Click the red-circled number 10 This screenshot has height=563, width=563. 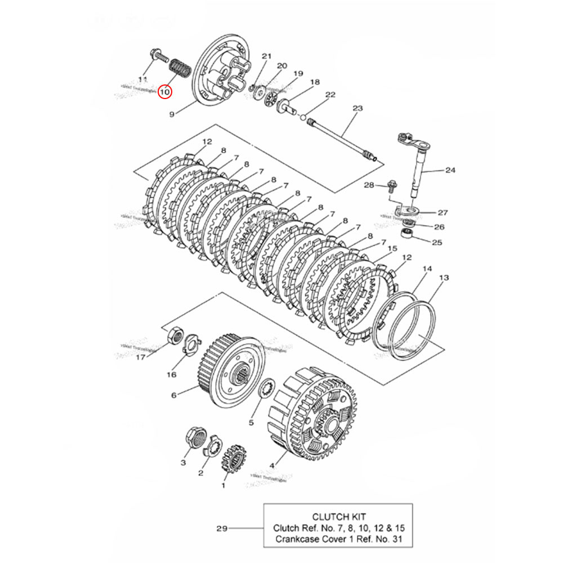click(x=165, y=91)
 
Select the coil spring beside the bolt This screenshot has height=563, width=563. click(x=181, y=70)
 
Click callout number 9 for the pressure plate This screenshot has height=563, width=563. click(x=172, y=114)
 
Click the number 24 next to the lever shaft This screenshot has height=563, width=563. click(x=450, y=170)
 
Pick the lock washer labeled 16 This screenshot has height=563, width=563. click(x=191, y=343)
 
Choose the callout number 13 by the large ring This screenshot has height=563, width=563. click(x=444, y=278)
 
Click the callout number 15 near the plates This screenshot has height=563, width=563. click(x=392, y=248)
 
